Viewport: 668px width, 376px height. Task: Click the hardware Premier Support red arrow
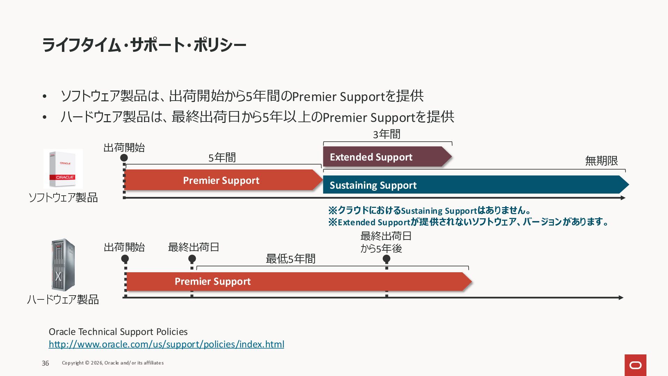pos(296,281)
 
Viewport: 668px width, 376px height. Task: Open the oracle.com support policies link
pos(166,344)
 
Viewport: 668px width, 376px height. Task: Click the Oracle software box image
pos(63,169)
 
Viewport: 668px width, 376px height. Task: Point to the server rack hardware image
pos(63,265)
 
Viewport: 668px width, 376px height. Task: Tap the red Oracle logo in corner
pos(635,365)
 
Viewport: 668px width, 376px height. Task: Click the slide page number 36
pos(45,363)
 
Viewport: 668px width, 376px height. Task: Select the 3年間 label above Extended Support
pos(387,134)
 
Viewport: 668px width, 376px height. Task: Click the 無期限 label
pos(601,161)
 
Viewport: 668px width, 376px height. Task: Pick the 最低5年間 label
pos(291,259)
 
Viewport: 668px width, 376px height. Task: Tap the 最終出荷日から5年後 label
pos(385,242)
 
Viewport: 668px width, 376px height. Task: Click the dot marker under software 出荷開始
pos(124,158)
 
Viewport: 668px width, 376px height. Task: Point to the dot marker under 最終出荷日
pos(192,259)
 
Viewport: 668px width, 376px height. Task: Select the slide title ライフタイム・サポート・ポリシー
pos(144,45)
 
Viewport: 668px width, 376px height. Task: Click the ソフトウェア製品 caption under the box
pos(63,198)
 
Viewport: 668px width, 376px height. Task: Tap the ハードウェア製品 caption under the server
pos(63,299)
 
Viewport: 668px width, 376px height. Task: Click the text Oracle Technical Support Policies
pos(118,331)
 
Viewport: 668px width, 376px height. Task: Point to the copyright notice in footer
pos(113,363)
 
